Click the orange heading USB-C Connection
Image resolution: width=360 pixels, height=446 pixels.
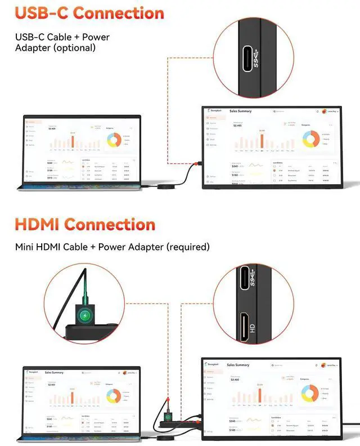click(x=89, y=13)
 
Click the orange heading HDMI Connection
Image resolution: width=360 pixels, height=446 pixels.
click(x=85, y=224)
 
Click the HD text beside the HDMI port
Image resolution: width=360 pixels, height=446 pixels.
click(x=253, y=328)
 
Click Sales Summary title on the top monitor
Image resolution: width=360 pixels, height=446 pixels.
click(x=241, y=111)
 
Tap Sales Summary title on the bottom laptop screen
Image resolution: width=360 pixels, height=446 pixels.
click(x=54, y=372)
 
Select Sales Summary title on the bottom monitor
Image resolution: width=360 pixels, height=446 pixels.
click(x=238, y=365)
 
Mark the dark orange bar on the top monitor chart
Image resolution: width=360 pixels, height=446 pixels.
click(x=262, y=141)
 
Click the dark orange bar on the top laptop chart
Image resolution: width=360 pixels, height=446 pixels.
click(x=73, y=142)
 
